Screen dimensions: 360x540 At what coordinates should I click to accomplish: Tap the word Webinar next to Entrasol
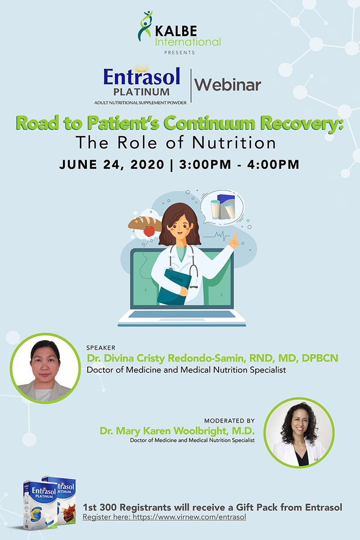coord(228,85)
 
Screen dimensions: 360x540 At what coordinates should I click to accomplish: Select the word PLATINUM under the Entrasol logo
coord(142,92)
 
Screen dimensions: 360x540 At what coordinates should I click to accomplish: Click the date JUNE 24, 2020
coord(112,165)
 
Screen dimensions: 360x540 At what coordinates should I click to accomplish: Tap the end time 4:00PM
coord(273,164)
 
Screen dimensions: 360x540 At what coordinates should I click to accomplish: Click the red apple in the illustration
coord(149,231)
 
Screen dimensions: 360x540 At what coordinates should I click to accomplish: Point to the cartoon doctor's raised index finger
coord(236,236)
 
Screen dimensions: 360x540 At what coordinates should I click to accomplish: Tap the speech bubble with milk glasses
coord(222,207)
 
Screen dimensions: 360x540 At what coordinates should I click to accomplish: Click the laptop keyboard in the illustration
coord(182,314)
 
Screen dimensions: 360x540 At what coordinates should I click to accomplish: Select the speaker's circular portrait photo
coord(45,368)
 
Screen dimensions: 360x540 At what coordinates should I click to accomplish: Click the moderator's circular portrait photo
coord(299,433)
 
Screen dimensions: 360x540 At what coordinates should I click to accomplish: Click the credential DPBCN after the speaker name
coord(320,358)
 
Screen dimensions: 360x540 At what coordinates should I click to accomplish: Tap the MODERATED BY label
coord(229,421)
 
